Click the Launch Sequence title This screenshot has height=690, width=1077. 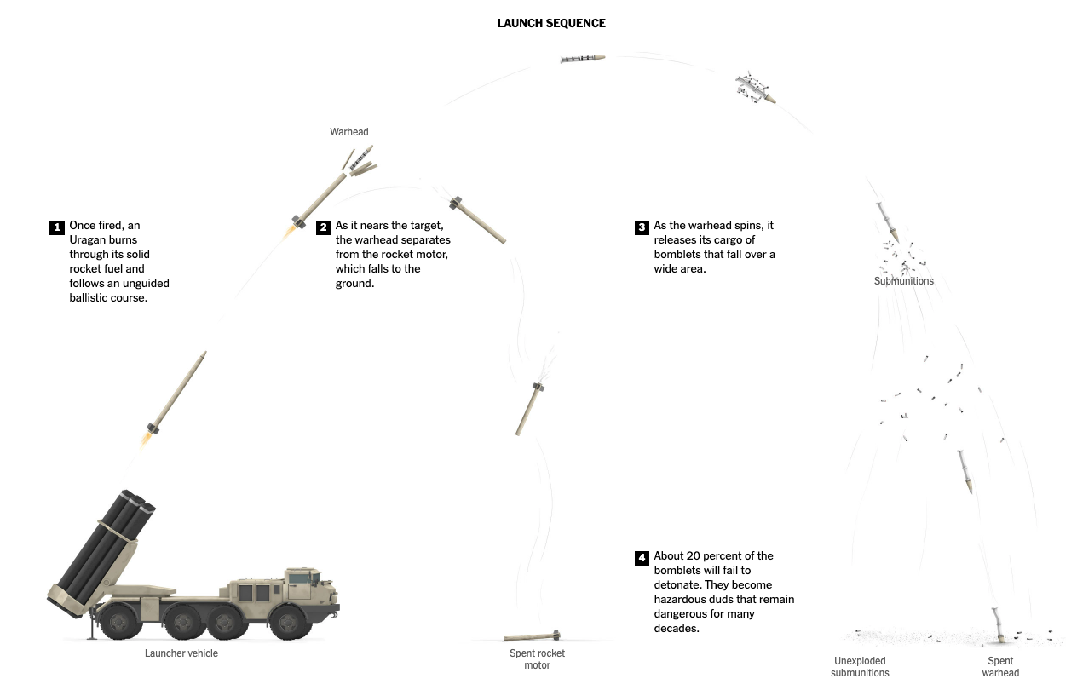point(551,23)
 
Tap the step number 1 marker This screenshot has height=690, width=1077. point(57,227)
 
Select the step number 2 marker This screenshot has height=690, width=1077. point(323,227)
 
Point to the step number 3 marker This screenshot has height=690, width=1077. point(642,227)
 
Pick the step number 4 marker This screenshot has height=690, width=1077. point(642,558)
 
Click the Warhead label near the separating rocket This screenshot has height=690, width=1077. point(349,132)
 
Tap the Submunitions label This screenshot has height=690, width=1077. point(904,281)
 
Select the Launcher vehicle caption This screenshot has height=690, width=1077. point(181,653)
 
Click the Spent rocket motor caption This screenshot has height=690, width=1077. point(537,659)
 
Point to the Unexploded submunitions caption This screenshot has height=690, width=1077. point(860,667)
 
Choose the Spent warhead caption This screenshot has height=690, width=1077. point(1000,667)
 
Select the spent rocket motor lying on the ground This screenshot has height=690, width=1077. point(531,636)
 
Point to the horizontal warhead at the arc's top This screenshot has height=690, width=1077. point(583,58)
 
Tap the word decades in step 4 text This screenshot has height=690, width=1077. point(677,629)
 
